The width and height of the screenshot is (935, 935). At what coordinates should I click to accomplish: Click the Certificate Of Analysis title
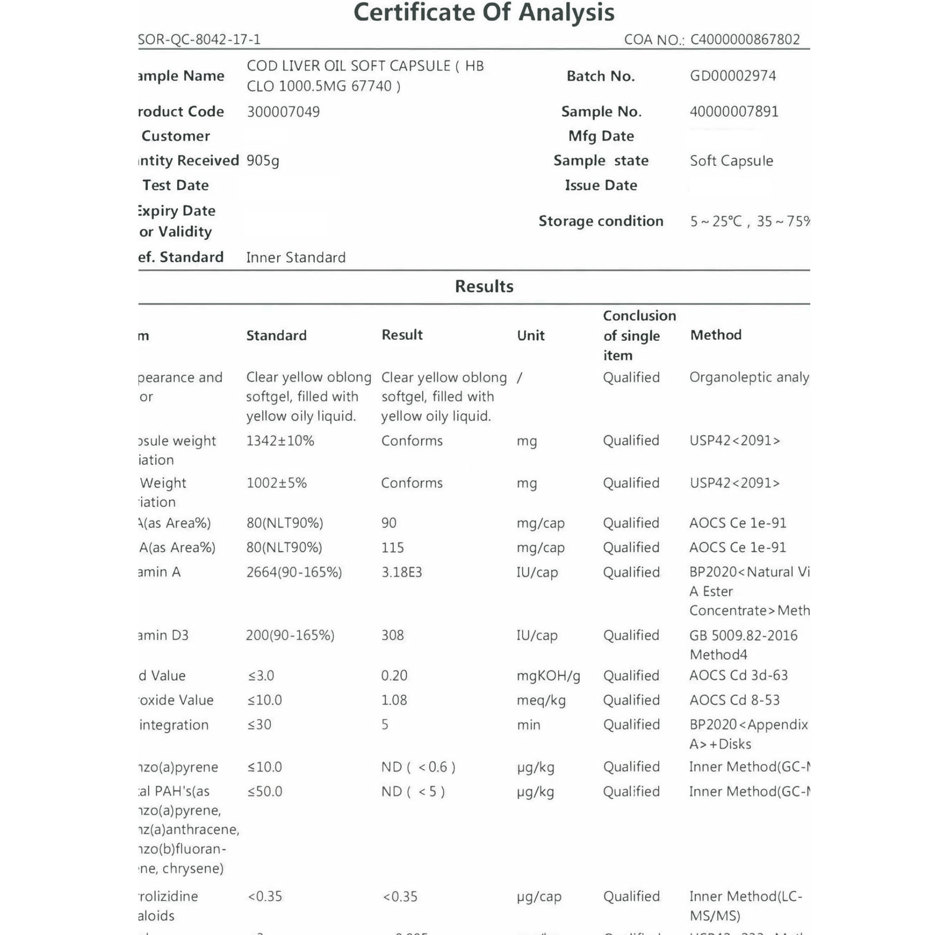(484, 13)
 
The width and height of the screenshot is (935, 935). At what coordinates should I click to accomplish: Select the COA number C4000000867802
(745, 39)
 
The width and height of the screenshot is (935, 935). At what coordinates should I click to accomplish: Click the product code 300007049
(283, 112)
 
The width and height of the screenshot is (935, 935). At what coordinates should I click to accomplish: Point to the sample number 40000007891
(734, 112)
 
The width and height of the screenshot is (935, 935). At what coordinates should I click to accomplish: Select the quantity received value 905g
(263, 161)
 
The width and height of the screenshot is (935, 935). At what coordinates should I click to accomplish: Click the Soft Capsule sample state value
(731, 161)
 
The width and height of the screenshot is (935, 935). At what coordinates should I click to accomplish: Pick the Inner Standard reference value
(296, 258)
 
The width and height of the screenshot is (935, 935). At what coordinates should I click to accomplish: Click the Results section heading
(484, 287)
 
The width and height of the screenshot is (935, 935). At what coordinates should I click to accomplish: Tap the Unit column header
(531, 335)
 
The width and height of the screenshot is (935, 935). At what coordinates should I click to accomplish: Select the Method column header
(716, 335)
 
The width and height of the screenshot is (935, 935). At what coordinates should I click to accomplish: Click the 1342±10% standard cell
(280, 441)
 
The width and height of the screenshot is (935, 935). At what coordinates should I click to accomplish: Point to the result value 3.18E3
(402, 573)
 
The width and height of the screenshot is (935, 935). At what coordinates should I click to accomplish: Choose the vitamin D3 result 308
(393, 635)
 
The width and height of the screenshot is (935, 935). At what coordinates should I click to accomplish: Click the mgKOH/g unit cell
(548, 676)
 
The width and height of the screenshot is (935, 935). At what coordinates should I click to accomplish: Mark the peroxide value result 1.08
(394, 700)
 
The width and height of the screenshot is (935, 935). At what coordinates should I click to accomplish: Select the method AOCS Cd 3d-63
(739, 675)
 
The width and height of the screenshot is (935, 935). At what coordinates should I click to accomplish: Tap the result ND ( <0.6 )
(418, 767)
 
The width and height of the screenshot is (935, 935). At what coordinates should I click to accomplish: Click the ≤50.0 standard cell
(265, 792)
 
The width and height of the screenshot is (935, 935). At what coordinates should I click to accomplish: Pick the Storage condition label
(601, 221)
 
